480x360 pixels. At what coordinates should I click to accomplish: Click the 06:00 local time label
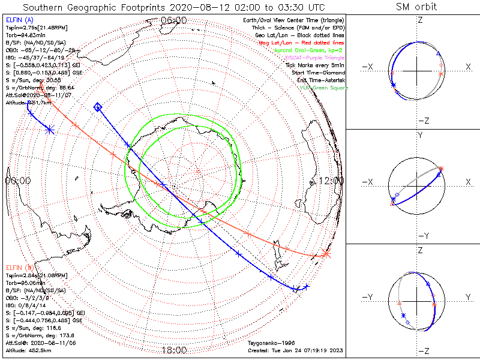(x=174, y=20)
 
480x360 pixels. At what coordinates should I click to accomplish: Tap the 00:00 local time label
(x=17, y=180)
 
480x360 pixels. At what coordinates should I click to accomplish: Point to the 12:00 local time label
(x=331, y=180)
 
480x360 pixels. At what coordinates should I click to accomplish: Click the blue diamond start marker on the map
(x=98, y=107)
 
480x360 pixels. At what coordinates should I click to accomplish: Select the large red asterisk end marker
(x=326, y=254)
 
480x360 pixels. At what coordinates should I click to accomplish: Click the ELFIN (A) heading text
(x=19, y=20)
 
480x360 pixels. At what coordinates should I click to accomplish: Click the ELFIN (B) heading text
(x=19, y=266)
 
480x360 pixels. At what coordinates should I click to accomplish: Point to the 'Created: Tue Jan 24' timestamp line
(x=295, y=350)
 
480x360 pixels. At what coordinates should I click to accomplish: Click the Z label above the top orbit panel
(x=420, y=20)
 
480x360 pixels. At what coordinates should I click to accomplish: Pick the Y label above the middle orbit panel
(x=420, y=136)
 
